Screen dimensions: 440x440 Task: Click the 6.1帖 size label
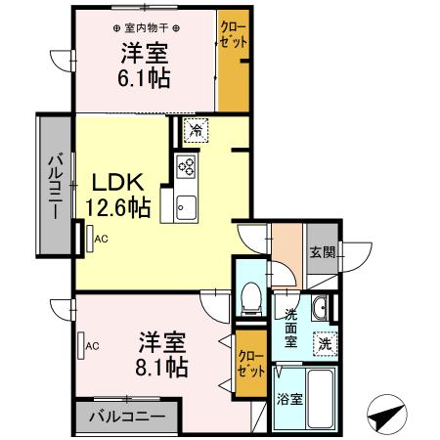click(144, 78)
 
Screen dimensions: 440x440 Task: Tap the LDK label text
click(118, 183)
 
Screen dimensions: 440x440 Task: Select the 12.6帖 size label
click(116, 207)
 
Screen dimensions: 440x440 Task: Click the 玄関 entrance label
click(323, 251)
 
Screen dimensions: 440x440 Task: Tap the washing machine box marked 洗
click(323, 344)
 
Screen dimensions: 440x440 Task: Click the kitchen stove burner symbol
click(186, 167)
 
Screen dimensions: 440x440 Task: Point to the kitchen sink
click(186, 206)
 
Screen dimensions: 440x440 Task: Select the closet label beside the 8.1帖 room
click(248, 363)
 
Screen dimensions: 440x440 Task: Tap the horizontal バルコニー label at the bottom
click(127, 417)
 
